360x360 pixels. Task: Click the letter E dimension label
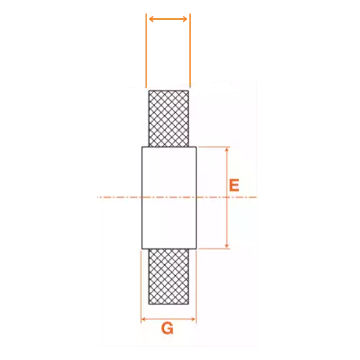[234, 185]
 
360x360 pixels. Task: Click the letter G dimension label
[167, 328]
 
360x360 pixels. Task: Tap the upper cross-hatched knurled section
[168, 119]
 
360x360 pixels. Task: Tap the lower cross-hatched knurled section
[168, 276]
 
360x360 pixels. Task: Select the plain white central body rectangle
[169, 198]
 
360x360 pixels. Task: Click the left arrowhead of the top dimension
[151, 19]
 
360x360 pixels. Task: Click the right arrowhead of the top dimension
[185, 19]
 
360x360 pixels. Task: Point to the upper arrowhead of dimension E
[227, 150]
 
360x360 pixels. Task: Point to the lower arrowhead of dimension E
[227, 246]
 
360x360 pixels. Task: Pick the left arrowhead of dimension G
[144, 319]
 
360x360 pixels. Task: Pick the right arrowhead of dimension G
[194, 319]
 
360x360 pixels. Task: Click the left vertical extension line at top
[146, 50]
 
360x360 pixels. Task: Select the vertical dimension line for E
[227, 198]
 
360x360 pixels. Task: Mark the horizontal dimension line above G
[168, 319]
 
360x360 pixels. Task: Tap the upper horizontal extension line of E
[214, 147]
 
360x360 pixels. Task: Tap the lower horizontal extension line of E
[214, 248]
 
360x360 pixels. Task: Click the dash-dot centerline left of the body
[120, 197]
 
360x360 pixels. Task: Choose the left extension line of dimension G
[141, 287]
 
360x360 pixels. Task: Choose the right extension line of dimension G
[197, 287]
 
